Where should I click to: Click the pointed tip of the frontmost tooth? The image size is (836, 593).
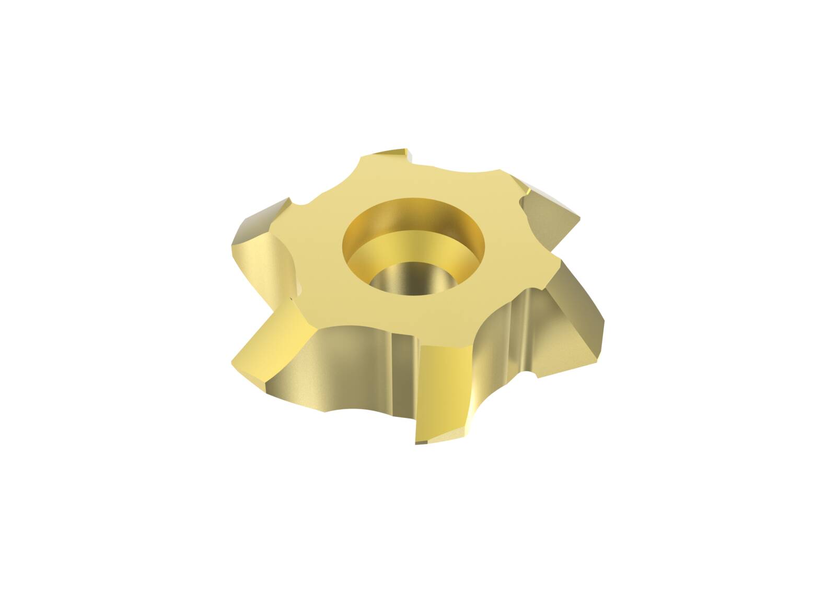[418, 442]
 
